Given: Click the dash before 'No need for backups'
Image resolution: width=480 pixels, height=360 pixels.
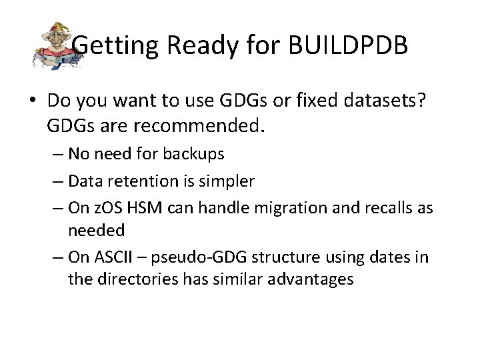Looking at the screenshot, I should pyautogui.click(x=58, y=154).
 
